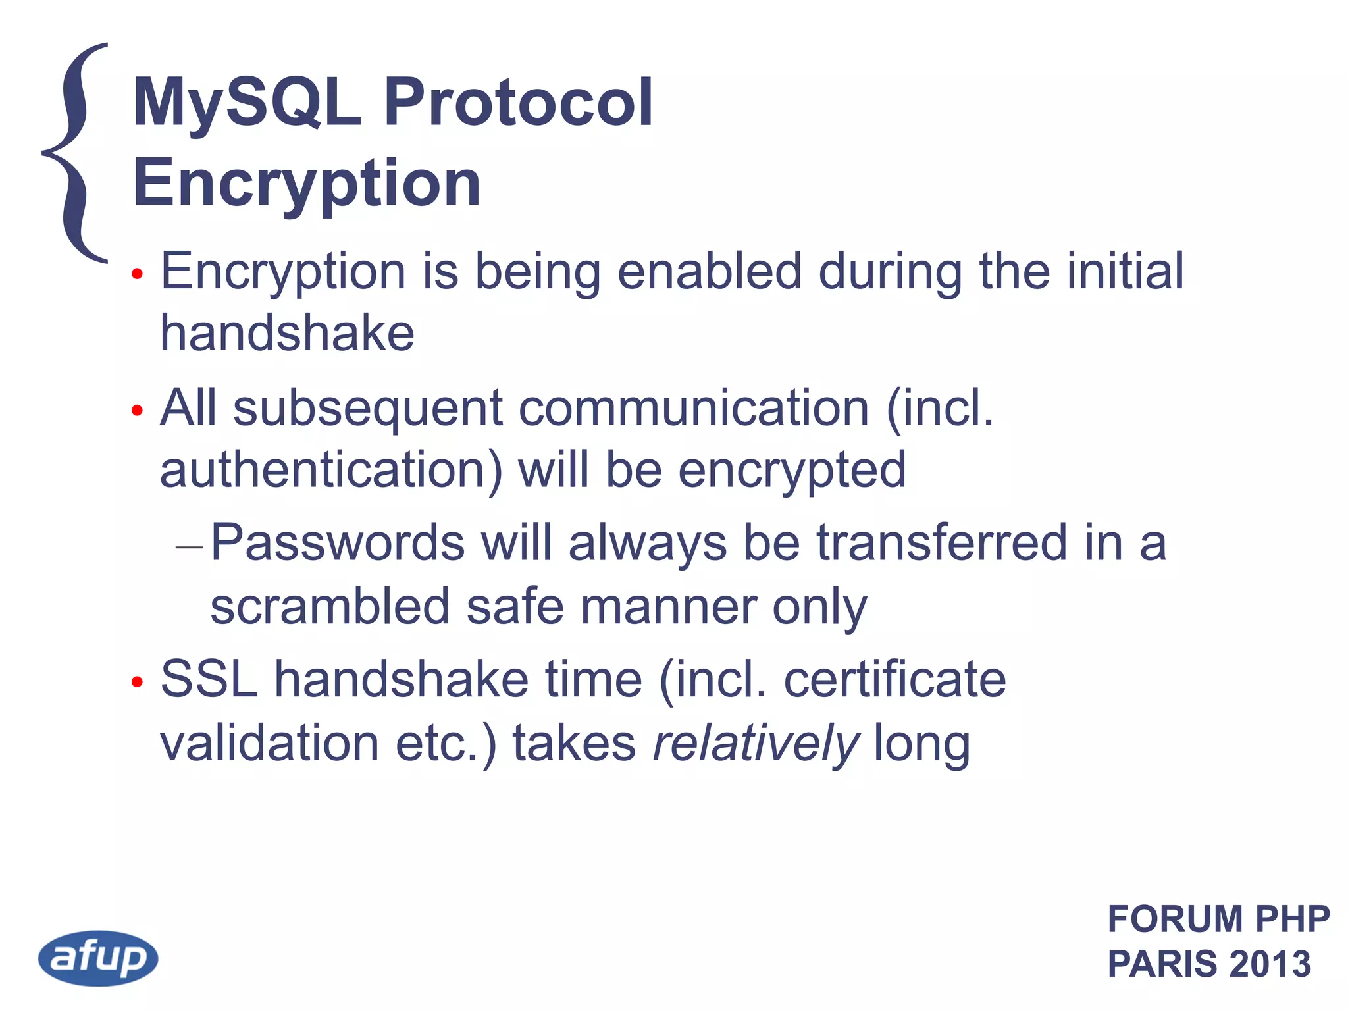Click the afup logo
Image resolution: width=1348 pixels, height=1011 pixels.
click(98, 958)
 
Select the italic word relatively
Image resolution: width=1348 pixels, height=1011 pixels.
click(756, 742)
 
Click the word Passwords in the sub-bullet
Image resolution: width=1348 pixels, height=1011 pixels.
click(338, 542)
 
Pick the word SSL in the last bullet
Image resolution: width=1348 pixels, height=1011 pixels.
click(209, 679)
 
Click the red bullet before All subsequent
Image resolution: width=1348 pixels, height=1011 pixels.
click(137, 411)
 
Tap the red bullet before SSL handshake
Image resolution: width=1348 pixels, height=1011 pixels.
click(137, 682)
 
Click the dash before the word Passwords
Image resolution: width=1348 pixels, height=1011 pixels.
click(190, 546)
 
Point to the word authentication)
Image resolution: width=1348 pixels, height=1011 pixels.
click(331, 470)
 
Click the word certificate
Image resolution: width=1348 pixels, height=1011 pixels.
click(894, 679)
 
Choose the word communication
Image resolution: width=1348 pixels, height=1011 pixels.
click(694, 408)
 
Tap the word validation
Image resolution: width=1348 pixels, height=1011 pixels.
click(269, 742)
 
